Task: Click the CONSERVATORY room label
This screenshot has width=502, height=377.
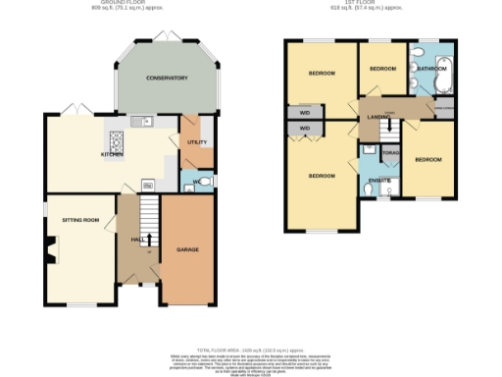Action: pos(167,78)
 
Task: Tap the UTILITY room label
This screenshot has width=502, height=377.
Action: pos(196,142)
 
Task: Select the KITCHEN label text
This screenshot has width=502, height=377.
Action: pos(112,154)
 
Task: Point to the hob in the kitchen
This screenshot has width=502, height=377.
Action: pos(115,138)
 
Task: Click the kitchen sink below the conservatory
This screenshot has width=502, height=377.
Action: pos(145,122)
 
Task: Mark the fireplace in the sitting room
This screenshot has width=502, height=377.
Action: pos(46,250)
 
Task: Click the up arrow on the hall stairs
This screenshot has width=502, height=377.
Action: pos(148,240)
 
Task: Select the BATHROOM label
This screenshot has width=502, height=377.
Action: pos(432,70)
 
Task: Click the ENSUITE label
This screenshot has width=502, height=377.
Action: pos(378,181)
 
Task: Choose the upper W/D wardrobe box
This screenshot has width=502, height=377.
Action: pos(304,112)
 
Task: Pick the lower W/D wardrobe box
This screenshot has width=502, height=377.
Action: pos(304,129)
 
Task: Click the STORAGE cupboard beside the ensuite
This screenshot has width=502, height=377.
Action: pos(390,154)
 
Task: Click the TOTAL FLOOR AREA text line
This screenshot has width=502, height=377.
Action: pos(251,350)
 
